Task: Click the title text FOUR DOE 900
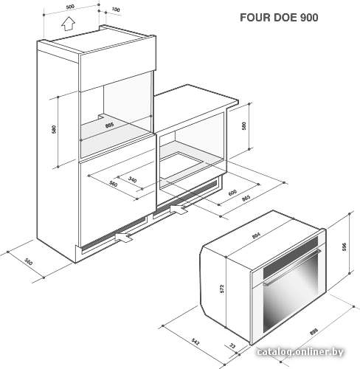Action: pos(279,18)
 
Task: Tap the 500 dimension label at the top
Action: pos(70,7)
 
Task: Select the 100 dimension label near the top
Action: pos(116,10)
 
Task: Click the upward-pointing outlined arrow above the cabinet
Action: pos(68,24)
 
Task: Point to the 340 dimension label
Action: pos(132,179)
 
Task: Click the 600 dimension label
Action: pos(232,193)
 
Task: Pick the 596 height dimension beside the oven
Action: pos(344,246)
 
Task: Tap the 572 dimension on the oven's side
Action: pos(222,289)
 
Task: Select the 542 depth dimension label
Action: pos(195,342)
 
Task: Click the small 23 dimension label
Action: pos(232,345)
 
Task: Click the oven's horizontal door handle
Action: pos(292,267)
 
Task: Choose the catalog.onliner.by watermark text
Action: pos(300,352)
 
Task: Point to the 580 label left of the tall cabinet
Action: pos(54,129)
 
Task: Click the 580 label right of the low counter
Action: pos(243,126)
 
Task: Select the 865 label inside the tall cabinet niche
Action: pos(109,125)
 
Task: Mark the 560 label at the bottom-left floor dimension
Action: pos(29,262)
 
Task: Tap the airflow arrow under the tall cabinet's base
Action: pos(124,237)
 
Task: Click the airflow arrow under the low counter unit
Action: pos(179,209)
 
